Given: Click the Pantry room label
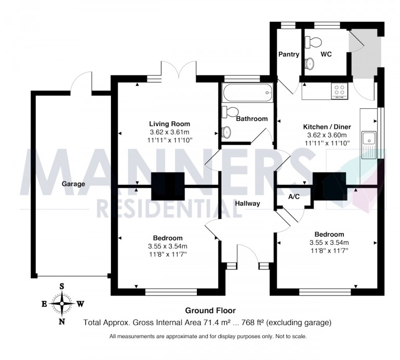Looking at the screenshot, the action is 289,54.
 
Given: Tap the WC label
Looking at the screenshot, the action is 326,54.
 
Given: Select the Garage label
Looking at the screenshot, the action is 73,184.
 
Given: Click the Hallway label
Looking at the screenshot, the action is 247,203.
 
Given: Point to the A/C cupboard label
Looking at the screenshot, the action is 294,197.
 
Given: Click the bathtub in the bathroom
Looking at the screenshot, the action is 247,93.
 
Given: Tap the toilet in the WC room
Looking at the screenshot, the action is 313,42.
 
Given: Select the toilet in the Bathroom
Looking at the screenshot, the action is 230,112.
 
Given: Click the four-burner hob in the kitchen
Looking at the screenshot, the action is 340,91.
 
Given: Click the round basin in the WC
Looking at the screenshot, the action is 309,63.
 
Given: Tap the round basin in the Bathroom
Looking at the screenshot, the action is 226,132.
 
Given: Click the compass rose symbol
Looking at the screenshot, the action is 62,303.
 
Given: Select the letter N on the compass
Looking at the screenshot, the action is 62,321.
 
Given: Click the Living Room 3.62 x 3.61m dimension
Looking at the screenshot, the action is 169,132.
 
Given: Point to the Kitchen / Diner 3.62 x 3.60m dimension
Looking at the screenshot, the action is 327,135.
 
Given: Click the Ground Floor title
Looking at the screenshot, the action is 210,311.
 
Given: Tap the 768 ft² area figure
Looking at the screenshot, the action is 251,322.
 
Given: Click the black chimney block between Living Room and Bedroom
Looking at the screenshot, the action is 168,186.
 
